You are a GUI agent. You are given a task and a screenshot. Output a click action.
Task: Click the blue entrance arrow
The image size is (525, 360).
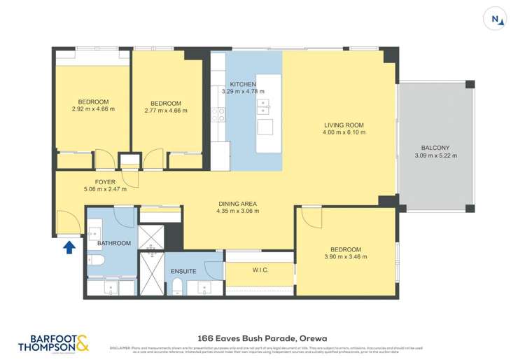point(69,246)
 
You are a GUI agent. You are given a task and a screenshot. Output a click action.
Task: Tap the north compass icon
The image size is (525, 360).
point(496,20)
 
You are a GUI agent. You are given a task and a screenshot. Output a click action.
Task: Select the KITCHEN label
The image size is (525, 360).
point(243,85)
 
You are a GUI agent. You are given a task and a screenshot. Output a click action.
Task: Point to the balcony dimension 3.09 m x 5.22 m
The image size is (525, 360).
point(435,155)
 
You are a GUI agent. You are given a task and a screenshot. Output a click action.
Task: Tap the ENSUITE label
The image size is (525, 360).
point(183,271)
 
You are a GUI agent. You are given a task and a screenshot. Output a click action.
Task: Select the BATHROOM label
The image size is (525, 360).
point(114,243)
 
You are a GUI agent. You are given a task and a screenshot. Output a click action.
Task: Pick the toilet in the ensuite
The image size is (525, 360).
point(178,286)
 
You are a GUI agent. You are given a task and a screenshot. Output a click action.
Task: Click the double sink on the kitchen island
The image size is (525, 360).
point(265,106)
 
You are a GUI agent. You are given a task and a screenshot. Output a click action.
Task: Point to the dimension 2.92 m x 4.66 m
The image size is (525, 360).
point(93,109)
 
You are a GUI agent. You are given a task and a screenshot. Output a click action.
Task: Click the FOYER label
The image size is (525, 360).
point(105,182)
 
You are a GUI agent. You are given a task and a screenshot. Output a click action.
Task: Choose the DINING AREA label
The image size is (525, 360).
point(238,203)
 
